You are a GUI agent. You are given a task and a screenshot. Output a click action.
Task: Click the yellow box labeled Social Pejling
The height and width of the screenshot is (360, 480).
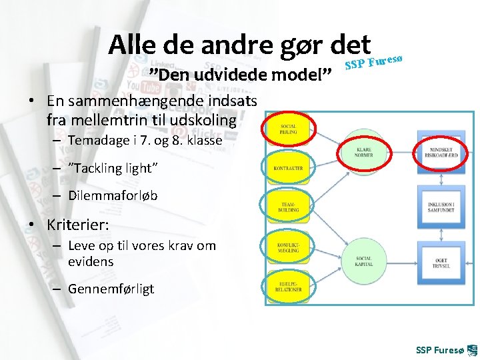tap(288, 130)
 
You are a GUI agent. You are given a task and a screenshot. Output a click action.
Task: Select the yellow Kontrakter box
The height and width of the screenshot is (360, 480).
tap(288, 168)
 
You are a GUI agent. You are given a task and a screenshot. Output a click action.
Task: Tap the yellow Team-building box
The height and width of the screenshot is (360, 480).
tap(288, 207)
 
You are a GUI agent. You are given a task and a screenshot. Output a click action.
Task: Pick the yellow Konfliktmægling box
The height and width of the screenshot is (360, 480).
tap(288, 247)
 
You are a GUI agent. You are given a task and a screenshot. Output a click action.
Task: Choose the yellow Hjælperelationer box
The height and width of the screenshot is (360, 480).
tap(288, 286)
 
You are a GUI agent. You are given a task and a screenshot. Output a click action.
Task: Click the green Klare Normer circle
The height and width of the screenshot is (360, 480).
tap(364, 152)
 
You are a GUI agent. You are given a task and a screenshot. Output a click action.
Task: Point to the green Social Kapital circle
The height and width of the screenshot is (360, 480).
tap(364, 260)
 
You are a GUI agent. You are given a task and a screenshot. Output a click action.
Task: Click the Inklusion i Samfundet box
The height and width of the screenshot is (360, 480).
tap(438, 203)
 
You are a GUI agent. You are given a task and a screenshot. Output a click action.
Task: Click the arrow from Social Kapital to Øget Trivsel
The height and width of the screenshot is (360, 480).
tap(400, 260)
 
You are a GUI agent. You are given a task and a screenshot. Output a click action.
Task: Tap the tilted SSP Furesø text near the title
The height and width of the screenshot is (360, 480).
tap(375, 61)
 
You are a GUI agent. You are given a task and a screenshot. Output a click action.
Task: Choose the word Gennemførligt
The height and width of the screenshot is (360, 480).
tap(111, 289)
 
